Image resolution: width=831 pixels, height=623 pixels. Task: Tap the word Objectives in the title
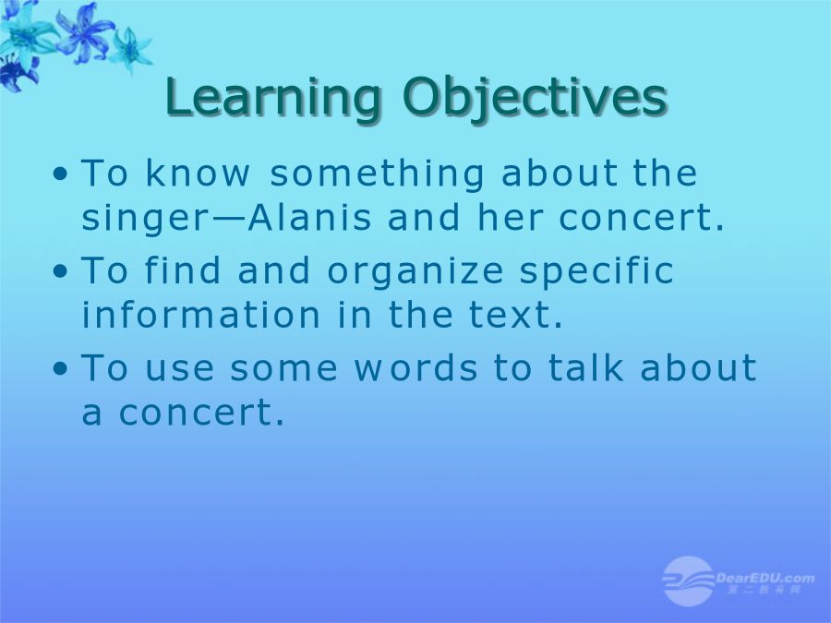[x=534, y=99]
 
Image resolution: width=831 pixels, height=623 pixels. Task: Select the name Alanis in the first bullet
[x=310, y=217]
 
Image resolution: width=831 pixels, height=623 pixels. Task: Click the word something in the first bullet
[x=377, y=174]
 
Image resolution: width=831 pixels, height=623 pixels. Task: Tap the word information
[x=201, y=314]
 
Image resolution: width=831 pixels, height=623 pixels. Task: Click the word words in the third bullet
[x=415, y=367]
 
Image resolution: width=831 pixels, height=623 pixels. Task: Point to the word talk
[x=585, y=367]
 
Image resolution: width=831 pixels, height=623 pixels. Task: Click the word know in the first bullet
[x=197, y=173]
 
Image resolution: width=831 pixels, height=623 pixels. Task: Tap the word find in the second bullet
[x=182, y=270]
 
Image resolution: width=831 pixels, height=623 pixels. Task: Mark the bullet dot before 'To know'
[x=60, y=174]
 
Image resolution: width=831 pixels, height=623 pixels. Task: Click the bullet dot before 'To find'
[x=60, y=271]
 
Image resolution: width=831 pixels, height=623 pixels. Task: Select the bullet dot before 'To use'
[x=60, y=369]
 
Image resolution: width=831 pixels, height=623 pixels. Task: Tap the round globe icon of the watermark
[x=688, y=581]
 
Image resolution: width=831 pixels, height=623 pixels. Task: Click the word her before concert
[x=510, y=217]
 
